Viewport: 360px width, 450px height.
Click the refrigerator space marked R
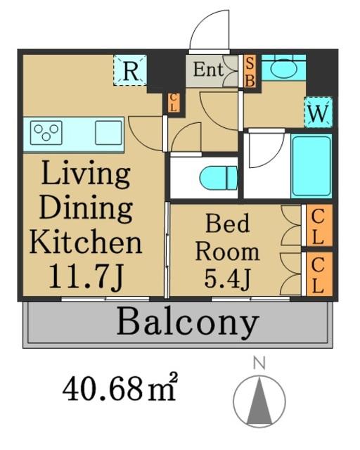pyautogui.click(x=130, y=70)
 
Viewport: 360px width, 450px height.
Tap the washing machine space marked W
pyautogui.click(x=318, y=112)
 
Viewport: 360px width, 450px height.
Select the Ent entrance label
pyautogui.click(x=208, y=70)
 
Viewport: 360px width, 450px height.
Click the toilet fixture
pyautogui.click(x=219, y=179)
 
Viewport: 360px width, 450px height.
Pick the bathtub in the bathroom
pyautogui.click(x=311, y=166)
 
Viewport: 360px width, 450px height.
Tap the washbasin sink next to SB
pyautogui.click(x=283, y=67)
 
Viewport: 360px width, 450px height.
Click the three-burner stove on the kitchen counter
pyautogui.click(x=46, y=133)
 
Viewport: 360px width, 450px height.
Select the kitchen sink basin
pyautogui.click(x=108, y=133)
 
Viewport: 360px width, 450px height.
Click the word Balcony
pyautogui.click(x=188, y=323)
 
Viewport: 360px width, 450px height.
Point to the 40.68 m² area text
pyautogui.click(x=120, y=389)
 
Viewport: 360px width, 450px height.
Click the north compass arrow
pyautogui.click(x=259, y=400)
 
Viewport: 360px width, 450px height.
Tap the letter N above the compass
pyautogui.click(x=259, y=363)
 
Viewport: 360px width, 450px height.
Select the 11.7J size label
pyautogui.click(x=86, y=276)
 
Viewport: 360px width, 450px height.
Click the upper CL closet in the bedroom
pyautogui.click(x=318, y=226)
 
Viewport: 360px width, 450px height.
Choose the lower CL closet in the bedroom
pyautogui.click(x=318, y=274)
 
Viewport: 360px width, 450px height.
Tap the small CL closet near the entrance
pyautogui.click(x=174, y=103)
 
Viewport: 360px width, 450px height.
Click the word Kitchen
pyautogui.click(x=86, y=243)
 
